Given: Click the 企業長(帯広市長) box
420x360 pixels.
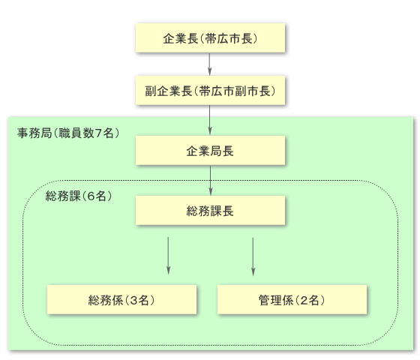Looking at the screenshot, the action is [210, 37].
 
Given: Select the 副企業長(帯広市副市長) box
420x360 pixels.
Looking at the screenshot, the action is [210, 90].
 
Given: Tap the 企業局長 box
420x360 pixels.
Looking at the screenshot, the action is [210, 150].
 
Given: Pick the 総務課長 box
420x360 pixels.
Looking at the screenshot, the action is [210, 210].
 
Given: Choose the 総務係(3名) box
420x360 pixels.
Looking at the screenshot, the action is [121, 299].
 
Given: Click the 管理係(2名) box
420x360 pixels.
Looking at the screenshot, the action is [292, 299].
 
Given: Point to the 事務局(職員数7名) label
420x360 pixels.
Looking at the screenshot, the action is [68, 133].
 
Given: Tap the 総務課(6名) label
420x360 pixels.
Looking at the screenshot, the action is [79, 196].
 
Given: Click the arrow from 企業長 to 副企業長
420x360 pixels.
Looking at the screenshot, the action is [210, 64].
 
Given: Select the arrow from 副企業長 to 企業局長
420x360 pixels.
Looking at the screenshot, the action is [210, 120].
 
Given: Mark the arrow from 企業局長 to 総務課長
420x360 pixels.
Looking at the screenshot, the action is [211, 180].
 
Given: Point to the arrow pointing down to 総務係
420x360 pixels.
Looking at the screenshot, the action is [168, 256].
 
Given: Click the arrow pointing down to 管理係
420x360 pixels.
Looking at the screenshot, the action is [253, 256].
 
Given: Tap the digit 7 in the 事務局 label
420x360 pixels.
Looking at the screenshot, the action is [98, 133].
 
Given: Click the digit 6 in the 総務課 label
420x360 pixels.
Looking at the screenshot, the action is [91, 196].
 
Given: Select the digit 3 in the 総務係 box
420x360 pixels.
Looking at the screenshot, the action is [133, 300].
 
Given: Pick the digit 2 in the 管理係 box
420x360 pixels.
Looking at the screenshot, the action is [304, 300].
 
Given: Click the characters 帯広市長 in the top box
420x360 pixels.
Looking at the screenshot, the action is [229, 38].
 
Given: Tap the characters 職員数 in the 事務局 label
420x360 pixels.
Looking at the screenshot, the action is [76, 133].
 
